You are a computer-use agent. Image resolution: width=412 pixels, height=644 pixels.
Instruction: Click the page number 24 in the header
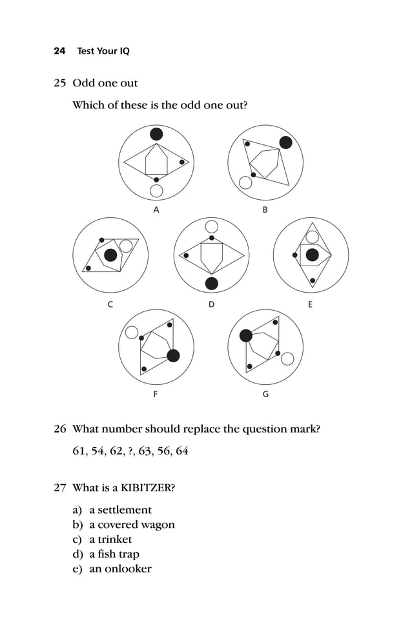coord(59,51)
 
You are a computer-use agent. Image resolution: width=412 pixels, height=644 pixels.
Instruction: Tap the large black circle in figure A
coord(156,134)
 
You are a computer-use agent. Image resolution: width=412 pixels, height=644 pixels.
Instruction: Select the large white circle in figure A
coord(156,191)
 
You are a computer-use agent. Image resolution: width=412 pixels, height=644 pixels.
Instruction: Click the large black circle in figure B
coord(285,142)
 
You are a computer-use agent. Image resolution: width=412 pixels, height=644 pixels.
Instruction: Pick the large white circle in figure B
coord(245,182)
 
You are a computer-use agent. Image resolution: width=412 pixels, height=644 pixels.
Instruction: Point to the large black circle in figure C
coord(111,255)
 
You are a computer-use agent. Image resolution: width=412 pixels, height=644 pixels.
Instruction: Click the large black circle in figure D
coord(211,284)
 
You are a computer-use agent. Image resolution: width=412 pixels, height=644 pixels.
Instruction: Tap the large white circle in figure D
coord(211,226)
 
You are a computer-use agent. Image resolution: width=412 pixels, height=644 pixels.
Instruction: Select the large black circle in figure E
coord(313,255)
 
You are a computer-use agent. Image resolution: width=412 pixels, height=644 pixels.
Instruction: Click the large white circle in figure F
coord(132,333)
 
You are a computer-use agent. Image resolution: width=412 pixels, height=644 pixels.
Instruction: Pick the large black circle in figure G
coord(246,335)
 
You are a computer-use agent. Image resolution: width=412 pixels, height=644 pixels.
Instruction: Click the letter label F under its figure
coord(155,395)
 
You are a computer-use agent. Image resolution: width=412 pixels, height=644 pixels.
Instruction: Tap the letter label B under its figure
coord(265,210)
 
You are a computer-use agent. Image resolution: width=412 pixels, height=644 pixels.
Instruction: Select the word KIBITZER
coord(145,488)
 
